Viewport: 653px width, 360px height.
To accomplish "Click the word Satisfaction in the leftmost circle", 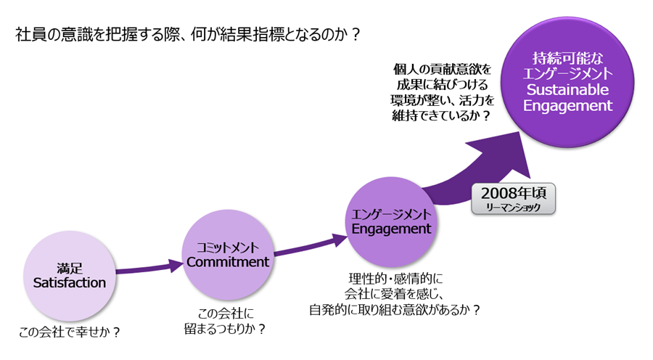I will (70, 283).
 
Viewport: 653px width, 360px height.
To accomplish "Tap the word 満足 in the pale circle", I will (70, 267).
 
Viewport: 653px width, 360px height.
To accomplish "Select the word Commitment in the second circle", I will (228, 262).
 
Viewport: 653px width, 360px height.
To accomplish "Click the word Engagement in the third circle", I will (391, 229).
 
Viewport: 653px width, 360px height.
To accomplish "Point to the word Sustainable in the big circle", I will (569, 89).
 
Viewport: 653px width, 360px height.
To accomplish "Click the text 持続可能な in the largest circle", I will (569, 57).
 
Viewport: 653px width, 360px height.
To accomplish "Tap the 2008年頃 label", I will (512, 194).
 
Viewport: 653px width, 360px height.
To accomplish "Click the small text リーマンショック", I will (512, 208).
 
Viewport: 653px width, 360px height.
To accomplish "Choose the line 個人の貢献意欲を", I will (442, 69).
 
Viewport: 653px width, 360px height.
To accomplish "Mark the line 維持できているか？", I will (442, 115).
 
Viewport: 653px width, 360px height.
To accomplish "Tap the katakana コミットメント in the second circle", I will (228, 246).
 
